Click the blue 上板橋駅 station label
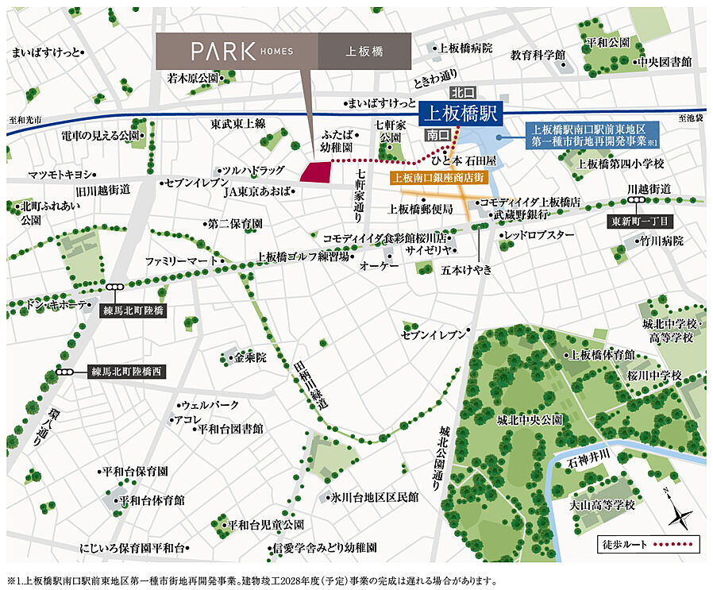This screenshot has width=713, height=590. [458, 113]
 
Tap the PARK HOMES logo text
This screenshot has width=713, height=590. [242, 52]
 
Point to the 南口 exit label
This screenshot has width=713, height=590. [437, 134]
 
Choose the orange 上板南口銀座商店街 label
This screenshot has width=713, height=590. [438, 178]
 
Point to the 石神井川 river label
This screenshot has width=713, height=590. [588, 453]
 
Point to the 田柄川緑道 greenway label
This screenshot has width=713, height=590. [311, 381]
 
